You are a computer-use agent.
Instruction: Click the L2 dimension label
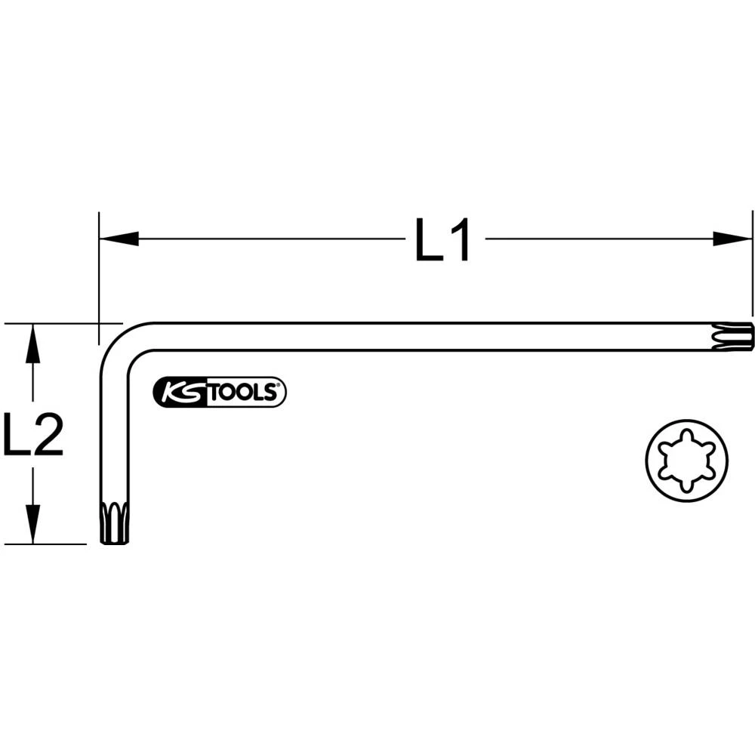click(x=32, y=435)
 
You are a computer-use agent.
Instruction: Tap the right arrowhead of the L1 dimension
click(x=733, y=239)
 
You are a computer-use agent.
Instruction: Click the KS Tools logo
click(x=220, y=392)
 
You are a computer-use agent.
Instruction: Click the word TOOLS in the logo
click(x=242, y=393)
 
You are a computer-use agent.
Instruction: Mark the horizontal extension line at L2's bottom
click(x=45, y=544)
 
